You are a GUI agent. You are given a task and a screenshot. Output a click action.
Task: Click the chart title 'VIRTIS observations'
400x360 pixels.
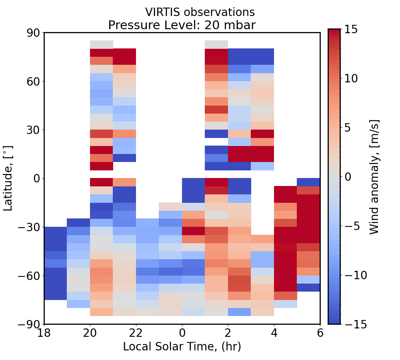click(200, 12)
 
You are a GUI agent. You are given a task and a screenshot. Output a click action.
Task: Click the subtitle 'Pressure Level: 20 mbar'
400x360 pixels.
click(182, 25)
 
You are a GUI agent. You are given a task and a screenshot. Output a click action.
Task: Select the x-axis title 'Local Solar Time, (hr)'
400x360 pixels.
click(182, 346)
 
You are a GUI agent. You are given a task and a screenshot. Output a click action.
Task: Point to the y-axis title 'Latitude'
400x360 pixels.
click(8, 178)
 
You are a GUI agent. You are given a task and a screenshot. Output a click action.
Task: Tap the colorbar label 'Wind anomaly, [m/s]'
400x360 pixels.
click(374, 177)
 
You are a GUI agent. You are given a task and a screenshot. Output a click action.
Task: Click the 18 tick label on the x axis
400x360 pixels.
click(44, 333)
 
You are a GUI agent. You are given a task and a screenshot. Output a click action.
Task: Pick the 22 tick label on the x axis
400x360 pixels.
click(136, 333)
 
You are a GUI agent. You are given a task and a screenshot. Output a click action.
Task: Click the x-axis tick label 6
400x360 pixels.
click(320, 333)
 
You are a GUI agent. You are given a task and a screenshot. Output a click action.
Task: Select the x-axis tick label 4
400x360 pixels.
click(274, 333)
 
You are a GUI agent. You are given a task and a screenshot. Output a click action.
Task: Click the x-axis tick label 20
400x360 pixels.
click(90, 333)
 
